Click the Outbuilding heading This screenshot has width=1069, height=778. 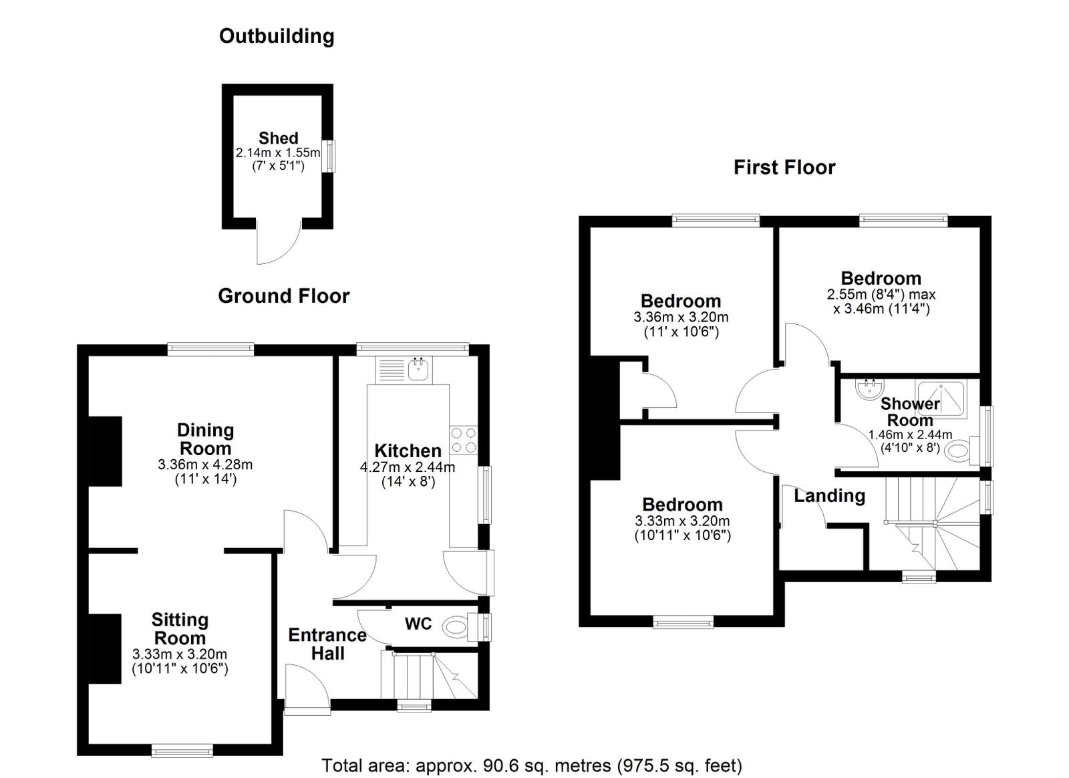click(277, 36)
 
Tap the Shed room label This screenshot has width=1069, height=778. click(278, 138)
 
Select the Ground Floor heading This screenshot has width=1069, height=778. click(283, 296)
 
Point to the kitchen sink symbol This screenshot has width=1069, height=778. click(418, 369)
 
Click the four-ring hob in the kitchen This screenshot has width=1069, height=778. click(464, 440)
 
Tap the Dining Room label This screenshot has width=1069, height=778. click(205, 439)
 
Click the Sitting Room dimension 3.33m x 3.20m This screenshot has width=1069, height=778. click(180, 654)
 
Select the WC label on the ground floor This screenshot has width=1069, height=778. click(418, 624)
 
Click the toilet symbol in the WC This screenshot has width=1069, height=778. click(458, 627)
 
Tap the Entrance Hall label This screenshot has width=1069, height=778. click(327, 644)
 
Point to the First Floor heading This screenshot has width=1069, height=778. click(784, 167)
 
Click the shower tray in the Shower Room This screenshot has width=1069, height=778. click(941, 399)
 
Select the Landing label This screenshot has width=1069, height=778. click(829, 496)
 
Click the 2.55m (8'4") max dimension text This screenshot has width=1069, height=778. click(881, 294)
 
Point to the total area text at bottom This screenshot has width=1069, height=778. click(532, 765)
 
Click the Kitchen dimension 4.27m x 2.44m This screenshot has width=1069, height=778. click(408, 467)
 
